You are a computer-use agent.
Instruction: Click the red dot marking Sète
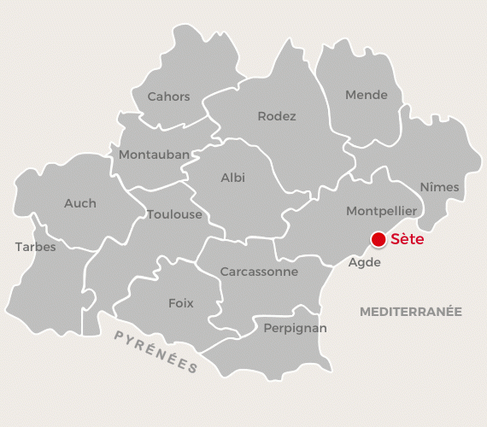(378, 239)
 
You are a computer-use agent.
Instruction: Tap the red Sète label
(407, 240)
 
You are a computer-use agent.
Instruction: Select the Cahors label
(168, 97)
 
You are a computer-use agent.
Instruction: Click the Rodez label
(277, 116)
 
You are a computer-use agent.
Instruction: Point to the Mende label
(367, 95)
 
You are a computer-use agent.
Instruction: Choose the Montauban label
(154, 155)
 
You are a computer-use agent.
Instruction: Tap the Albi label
(232, 178)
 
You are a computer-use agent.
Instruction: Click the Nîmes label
(439, 187)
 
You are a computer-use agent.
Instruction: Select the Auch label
(80, 203)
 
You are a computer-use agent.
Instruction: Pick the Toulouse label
(174, 214)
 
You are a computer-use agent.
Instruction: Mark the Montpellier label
(381, 210)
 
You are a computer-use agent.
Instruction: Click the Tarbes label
(35, 247)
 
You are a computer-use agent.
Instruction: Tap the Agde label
(364, 262)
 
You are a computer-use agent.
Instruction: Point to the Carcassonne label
(259, 272)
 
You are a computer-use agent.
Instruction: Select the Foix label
(181, 303)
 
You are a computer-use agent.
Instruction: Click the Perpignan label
(295, 328)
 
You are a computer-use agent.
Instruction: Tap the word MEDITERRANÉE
(410, 312)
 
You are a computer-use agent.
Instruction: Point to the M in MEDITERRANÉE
(365, 312)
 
